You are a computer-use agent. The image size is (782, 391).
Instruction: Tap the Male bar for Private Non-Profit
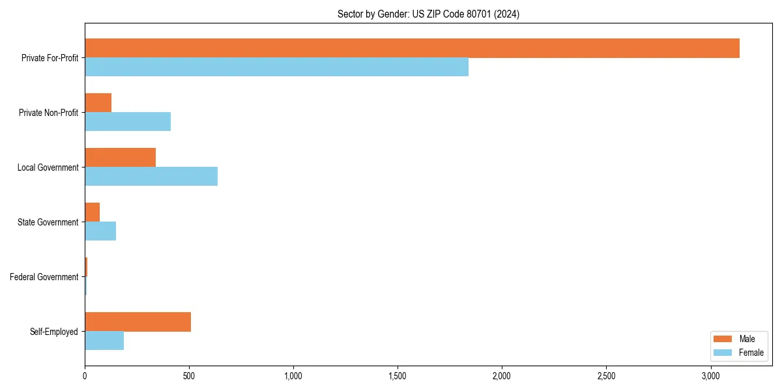(x=98, y=103)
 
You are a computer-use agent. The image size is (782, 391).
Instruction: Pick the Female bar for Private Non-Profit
(x=128, y=122)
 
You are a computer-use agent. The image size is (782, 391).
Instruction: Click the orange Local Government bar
(x=120, y=158)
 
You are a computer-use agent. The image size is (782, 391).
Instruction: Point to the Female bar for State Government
(x=100, y=231)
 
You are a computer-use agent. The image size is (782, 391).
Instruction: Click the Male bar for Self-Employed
(x=138, y=322)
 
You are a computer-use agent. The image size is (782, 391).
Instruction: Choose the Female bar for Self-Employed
(x=104, y=341)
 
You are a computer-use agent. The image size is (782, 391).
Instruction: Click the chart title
(x=428, y=14)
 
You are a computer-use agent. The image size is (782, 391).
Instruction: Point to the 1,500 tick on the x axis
(x=398, y=376)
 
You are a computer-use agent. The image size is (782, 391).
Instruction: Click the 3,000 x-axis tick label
(x=710, y=376)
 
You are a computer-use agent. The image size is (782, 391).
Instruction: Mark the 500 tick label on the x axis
(x=189, y=376)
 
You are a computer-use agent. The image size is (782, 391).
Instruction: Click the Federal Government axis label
(x=44, y=277)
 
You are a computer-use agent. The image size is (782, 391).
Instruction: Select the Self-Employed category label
(x=53, y=332)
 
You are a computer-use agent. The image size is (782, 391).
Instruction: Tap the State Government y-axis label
(x=48, y=222)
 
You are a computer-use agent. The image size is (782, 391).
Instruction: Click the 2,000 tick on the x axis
(x=502, y=376)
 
